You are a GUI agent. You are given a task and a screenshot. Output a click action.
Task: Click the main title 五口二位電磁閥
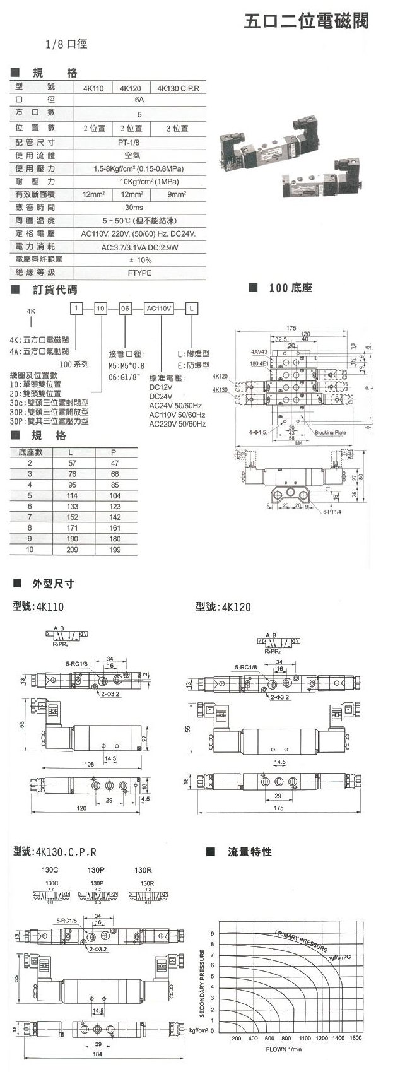(306, 22)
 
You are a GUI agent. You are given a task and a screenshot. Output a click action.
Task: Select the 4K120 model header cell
(130, 89)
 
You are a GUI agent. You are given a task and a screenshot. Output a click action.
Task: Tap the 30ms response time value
(134, 207)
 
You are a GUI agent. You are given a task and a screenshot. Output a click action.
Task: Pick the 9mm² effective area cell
(177, 195)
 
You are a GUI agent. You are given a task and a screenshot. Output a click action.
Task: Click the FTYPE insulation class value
(139, 273)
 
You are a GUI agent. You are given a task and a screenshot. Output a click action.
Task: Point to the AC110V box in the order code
(158, 309)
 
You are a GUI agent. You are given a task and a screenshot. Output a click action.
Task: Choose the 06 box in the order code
(125, 309)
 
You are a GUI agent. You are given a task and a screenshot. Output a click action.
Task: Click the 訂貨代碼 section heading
(55, 290)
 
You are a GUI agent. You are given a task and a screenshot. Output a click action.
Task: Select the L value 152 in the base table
(71, 517)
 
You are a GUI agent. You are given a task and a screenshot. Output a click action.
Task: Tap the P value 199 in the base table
(115, 550)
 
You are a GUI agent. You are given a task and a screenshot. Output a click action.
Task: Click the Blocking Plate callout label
(331, 433)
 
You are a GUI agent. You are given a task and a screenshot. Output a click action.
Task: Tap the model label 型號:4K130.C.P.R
(55, 852)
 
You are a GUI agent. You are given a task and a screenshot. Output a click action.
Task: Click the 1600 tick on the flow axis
(355, 1038)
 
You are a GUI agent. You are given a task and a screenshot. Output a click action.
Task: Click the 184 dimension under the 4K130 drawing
(97, 1053)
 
